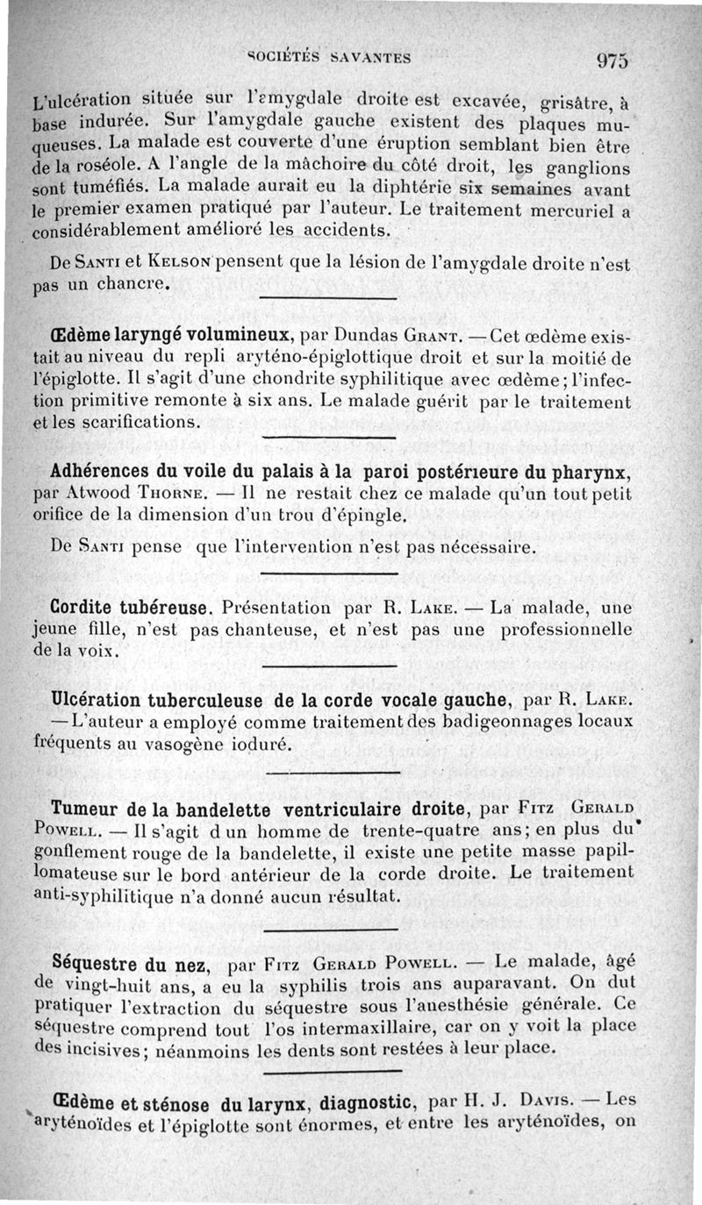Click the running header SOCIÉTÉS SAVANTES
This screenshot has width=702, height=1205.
coord(331,58)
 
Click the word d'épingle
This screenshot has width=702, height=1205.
coord(362,516)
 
